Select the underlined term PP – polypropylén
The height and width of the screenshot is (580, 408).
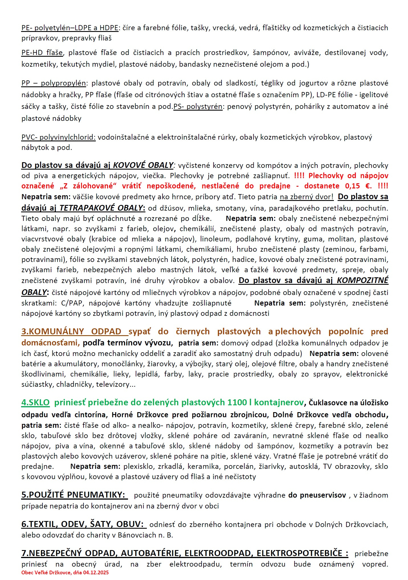point(54,83)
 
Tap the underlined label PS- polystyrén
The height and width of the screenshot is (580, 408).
point(198,107)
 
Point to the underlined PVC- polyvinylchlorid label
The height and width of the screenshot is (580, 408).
point(58,137)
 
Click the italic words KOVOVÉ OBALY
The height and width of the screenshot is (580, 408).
point(143,165)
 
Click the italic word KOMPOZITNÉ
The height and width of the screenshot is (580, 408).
point(362,280)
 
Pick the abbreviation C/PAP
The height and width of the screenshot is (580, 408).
point(71,303)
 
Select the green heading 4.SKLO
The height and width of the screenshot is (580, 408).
point(35,402)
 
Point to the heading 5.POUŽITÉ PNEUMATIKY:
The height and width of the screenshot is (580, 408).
point(74,495)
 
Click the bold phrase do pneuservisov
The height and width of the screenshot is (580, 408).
point(317,495)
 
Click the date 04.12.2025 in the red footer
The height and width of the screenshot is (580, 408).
point(96,572)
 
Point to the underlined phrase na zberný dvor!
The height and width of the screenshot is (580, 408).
point(306,197)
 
